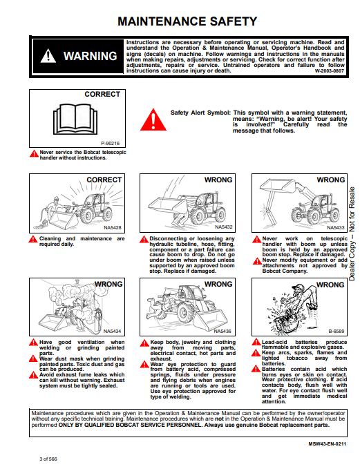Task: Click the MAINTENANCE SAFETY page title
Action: (x=187, y=21)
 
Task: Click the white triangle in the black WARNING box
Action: (x=48, y=56)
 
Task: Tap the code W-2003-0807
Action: (x=329, y=71)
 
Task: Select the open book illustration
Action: (x=75, y=119)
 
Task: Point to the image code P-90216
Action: (x=110, y=143)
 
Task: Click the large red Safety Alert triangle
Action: (x=153, y=119)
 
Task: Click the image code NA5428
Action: (x=113, y=228)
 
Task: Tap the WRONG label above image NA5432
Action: (x=218, y=180)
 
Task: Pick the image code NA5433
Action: (x=335, y=228)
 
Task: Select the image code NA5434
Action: (x=112, y=331)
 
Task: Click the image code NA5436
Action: (x=222, y=331)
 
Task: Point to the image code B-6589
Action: (x=336, y=331)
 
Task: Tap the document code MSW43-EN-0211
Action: (x=327, y=444)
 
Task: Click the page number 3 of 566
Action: (x=48, y=459)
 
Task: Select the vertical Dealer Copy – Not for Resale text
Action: (x=352, y=233)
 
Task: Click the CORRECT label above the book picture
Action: (x=102, y=94)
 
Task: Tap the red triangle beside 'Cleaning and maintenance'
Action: (x=33, y=239)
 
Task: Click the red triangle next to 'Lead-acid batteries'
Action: (x=256, y=342)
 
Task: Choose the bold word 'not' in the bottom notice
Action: (x=219, y=419)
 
